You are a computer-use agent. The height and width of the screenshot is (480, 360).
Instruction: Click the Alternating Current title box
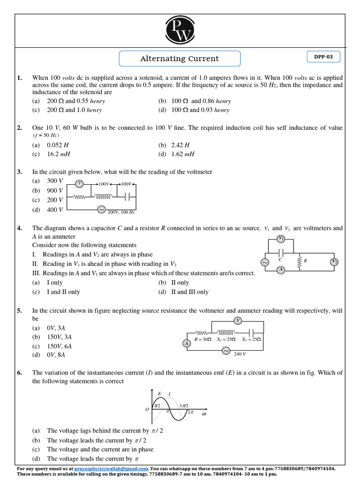click(x=180, y=59)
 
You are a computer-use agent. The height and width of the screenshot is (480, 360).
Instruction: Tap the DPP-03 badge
click(x=323, y=57)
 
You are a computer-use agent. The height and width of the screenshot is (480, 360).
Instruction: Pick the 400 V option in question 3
click(x=55, y=210)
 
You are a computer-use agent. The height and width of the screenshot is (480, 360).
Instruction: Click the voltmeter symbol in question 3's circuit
click(x=80, y=183)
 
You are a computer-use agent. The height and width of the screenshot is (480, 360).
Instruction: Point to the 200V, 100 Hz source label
click(x=121, y=212)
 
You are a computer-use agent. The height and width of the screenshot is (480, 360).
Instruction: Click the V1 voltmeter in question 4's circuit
click(x=281, y=239)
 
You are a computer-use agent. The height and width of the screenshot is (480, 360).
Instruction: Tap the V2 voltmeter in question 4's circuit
click(x=334, y=262)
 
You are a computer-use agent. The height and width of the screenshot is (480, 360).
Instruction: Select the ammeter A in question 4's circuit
click(x=281, y=270)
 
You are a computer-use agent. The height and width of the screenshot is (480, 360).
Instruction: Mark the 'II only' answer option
click(x=180, y=283)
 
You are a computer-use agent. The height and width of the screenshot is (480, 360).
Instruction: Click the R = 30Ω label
click(x=203, y=339)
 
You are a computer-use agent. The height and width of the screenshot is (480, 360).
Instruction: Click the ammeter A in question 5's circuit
click(x=187, y=344)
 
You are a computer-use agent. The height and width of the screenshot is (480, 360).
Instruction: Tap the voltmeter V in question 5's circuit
click(x=238, y=321)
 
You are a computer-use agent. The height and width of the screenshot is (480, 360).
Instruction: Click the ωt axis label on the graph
click(x=204, y=414)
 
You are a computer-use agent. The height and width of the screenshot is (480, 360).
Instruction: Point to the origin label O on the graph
click(x=147, y=409)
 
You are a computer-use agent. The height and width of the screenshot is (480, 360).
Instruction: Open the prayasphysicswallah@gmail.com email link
click(x=112, y=468)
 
